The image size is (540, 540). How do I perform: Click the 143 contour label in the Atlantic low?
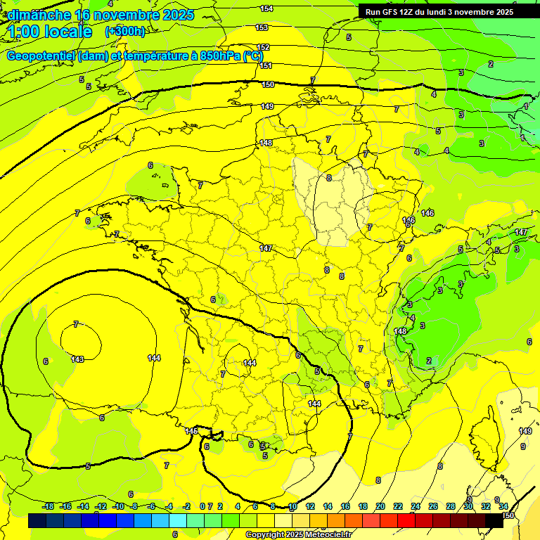pos(77,359)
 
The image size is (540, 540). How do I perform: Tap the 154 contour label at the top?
pos(266,8)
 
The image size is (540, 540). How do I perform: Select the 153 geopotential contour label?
pos(262,27)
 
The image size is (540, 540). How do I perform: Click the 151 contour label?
pos(266,65)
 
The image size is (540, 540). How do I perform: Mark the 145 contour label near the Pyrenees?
pos(191,430)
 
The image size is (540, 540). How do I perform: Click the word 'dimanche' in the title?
pos(37,15)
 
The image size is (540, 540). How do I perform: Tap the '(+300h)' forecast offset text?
pos(124,32)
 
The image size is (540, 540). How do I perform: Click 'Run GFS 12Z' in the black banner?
pos(390,12)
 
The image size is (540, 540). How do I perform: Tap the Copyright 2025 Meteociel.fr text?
pos(298,534)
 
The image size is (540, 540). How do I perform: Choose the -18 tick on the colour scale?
pos(48,506)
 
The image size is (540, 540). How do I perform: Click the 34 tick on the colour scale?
pos(503,506)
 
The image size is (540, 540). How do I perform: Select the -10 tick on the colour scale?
pos(118,506)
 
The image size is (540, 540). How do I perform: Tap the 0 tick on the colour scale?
pos(202,506)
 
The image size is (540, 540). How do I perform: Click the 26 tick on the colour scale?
pos(432,506)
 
